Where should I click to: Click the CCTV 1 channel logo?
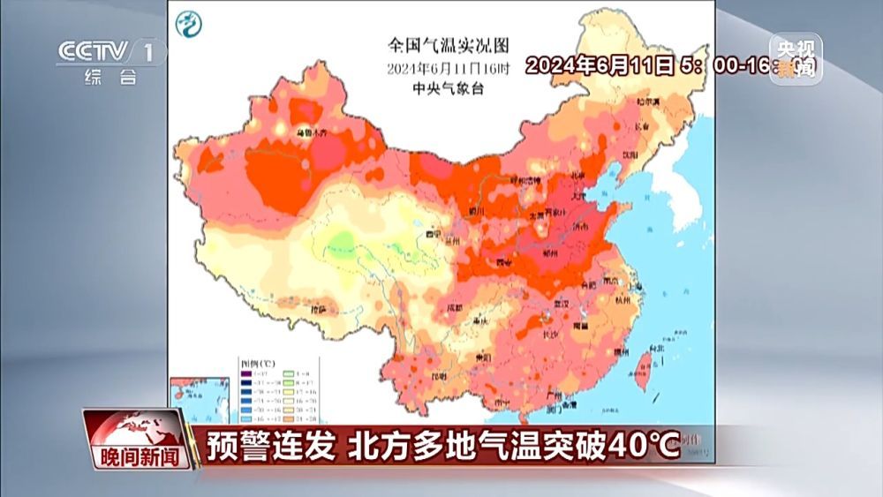[x=109, y=54]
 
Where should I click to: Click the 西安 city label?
[x=505, y=263]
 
